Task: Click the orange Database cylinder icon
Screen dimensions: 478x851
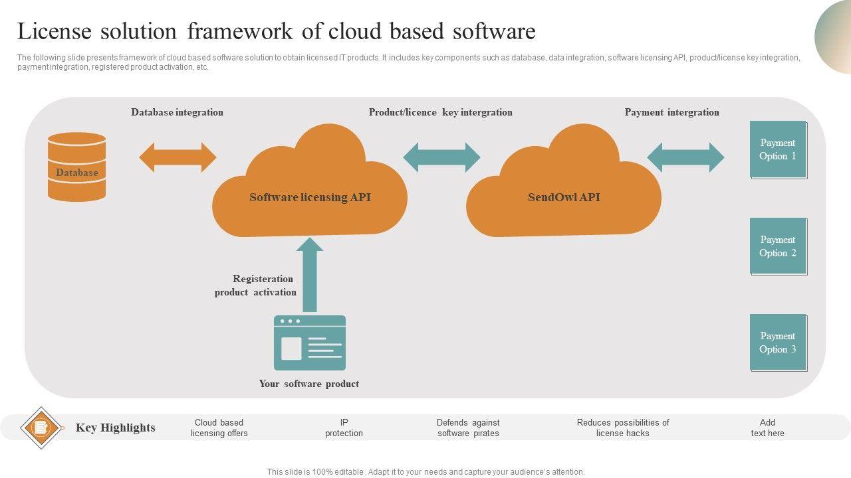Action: [76, 167]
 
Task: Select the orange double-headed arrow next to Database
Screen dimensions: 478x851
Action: [178, 157]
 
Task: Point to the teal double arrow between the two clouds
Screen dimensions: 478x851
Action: [441, 157]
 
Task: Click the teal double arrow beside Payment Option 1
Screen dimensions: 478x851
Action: [685, 157]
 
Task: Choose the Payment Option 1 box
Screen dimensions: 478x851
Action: [778, 149]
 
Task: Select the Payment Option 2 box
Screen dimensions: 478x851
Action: [778, 246]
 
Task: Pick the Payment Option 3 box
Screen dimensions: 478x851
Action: [778, 343]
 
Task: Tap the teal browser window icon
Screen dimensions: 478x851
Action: [310, 343]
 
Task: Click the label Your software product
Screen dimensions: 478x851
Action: [309, 384]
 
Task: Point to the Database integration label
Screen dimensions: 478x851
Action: [177, 112]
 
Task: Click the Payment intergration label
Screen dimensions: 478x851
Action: [671, 112]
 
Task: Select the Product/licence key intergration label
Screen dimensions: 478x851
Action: [440, 112]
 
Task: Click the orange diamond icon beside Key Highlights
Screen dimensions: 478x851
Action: [41, 428]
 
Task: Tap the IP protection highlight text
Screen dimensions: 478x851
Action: [344, 428]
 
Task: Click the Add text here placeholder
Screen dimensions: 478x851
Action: [767, 428]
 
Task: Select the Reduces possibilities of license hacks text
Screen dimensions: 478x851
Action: [623, 428]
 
